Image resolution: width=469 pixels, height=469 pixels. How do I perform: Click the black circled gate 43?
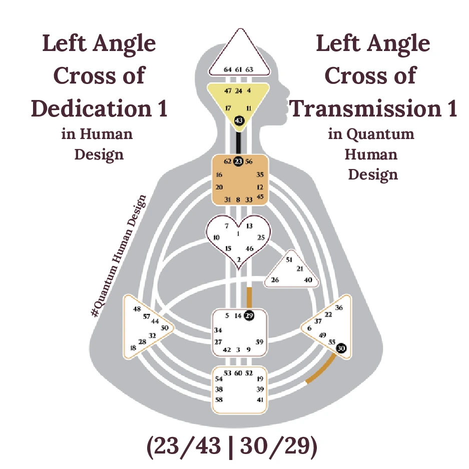click(x=238, y=120)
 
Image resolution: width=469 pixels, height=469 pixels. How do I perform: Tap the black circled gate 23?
click(x=238, y=161)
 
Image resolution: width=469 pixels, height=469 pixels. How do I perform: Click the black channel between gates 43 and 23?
click(x=238, y=141)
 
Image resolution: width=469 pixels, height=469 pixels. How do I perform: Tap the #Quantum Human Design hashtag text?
click(x=119, y=255)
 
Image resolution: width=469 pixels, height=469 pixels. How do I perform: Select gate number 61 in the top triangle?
click(x=238, y=70)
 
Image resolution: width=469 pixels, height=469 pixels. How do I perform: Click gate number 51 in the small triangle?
click(x=289, y=259)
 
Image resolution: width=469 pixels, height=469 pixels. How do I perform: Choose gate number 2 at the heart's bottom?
click(x=239, y=259)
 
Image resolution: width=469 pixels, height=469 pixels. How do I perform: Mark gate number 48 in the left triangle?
click(x=137, y=308)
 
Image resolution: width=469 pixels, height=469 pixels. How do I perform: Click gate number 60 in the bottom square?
click(x=238, y=373)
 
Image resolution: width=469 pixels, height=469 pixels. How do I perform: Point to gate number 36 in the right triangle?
click(x=339, y=307)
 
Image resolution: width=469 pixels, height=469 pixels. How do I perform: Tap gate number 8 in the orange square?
click(x=238, y=199)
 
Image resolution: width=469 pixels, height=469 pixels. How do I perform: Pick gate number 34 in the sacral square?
click(x=218, y=330)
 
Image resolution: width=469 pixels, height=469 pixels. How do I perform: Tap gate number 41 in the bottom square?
click(x=260, y=399)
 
